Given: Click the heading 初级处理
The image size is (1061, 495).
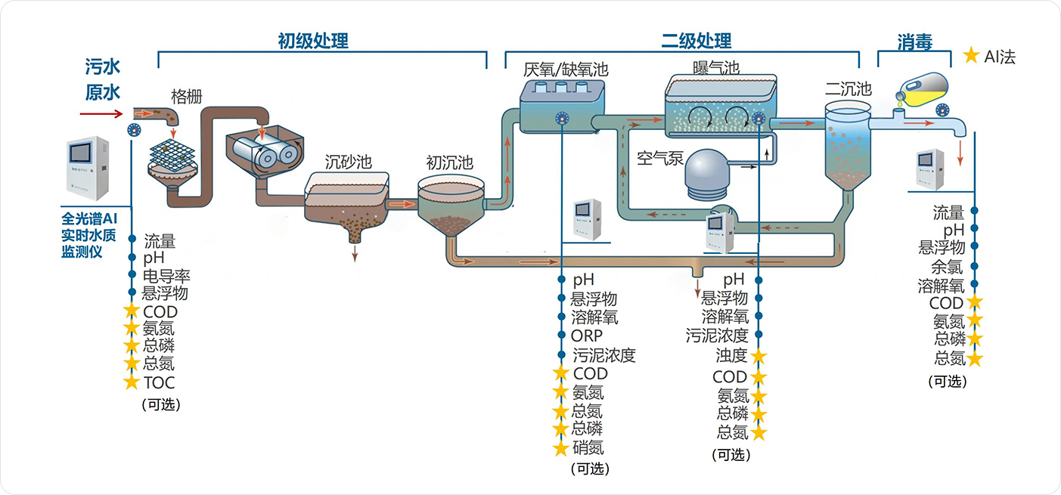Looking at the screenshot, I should [313, 41].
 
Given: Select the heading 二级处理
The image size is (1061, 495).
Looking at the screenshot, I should [696, 41].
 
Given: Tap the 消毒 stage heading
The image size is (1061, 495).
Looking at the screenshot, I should [914, 42].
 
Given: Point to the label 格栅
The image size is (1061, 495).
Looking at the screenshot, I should [186, 96].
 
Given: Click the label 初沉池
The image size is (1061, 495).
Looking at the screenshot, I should [449, 162].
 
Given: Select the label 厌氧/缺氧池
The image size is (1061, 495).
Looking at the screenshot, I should [565, 70].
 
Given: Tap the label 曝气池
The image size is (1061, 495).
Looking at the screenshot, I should [715, 67].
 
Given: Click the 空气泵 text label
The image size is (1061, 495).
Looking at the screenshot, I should [660, 158].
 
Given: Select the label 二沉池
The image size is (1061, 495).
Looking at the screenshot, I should [848, 89].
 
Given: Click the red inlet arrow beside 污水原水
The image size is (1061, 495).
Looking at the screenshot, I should [101, 114].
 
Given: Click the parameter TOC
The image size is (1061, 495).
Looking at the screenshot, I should [159, 382].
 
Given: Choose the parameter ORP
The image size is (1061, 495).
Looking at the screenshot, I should [587, 336].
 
